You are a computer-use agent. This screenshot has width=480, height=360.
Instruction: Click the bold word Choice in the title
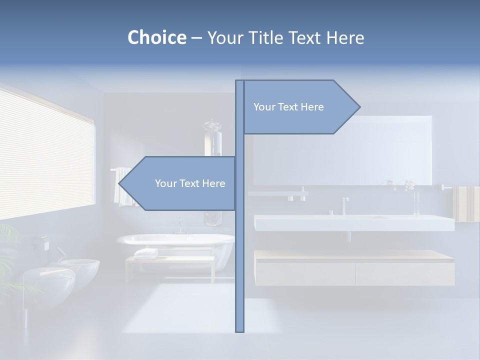[156, 37]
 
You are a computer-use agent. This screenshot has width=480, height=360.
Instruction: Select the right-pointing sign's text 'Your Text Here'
[288, 107]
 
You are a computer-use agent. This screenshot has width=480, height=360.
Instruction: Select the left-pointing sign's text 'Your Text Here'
[190, 183]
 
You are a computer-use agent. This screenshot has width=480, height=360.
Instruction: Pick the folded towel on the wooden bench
[145, 253]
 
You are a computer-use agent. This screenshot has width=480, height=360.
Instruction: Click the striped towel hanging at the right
[466, 203]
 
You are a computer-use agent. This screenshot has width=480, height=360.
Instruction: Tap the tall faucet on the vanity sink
[344, 205]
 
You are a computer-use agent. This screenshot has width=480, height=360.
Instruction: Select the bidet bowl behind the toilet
[80, 267]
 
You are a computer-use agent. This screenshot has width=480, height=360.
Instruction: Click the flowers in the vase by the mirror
[409, 185]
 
